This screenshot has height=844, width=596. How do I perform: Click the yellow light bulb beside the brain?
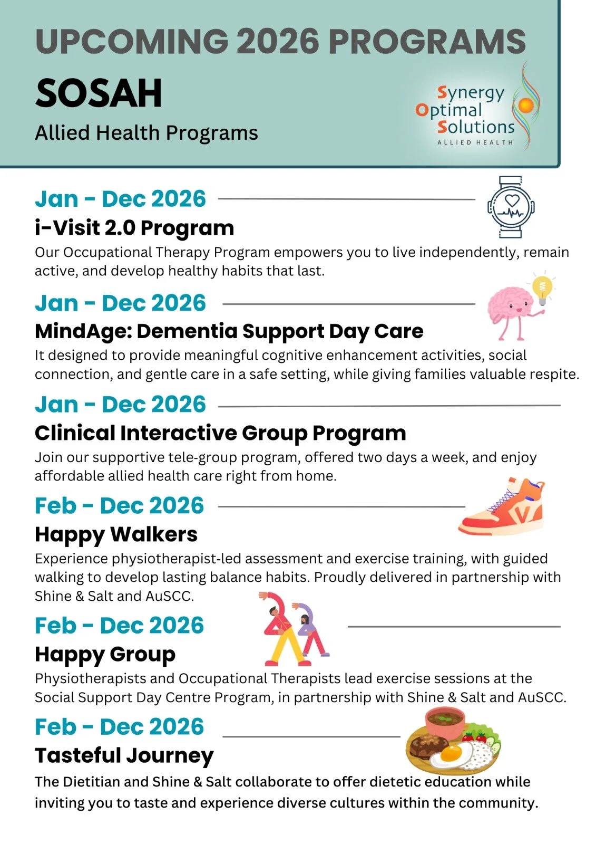(542, 289)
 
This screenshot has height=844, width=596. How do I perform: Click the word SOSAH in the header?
(99, 93)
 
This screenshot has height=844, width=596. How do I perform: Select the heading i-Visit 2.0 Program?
(134, 228)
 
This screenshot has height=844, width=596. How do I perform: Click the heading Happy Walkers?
(116, 534)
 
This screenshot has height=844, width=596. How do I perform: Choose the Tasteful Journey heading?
(124, 755)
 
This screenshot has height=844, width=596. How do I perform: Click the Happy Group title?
(105, 654)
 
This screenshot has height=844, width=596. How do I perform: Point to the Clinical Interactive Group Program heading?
(220, 433)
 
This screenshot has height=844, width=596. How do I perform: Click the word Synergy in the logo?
(471, 94)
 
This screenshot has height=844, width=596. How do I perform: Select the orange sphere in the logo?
(525, 105)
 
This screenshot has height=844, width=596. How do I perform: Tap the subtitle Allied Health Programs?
(146, 133)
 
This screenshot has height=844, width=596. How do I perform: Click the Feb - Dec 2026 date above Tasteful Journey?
(119, 727)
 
